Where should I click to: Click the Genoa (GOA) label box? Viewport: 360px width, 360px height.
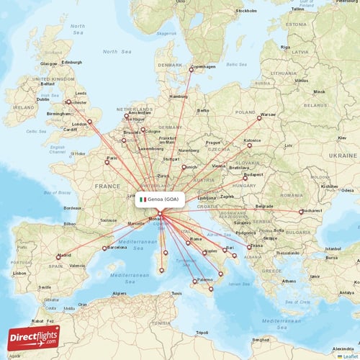(161, 199)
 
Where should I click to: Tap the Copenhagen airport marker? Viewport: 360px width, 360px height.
(192, 69)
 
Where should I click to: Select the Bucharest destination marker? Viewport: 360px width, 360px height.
(301, 212)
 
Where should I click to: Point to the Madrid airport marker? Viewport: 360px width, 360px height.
(59, 256)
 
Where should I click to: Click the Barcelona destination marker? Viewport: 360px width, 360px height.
(105, 248)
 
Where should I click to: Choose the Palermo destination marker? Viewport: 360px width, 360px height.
(194, 281)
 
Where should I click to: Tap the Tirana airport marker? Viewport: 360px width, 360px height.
(250, 247)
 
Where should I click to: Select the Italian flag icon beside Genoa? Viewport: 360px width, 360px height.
(143, 199)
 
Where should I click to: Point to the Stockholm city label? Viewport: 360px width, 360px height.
(247, 12)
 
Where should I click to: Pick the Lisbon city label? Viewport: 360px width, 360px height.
(19, 274)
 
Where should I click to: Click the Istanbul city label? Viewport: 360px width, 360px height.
(333, 248)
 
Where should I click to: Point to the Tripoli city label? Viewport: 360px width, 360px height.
(202, 333)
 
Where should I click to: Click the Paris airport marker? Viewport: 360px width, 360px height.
(107, 162)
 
